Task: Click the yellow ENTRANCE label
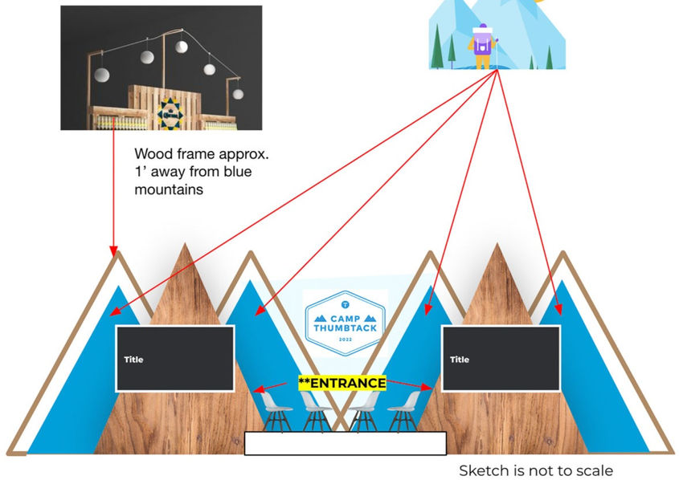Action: (x=342, y=383)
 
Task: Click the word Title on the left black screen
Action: (x=133, y=360)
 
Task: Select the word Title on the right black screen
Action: (x=459, y=360)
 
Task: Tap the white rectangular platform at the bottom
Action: (x=345, y=443)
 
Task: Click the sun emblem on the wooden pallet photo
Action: (x=171, y=113)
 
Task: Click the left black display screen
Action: (x=175, y=359)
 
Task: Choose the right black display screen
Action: (x=501, y=359)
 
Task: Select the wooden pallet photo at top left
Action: (x=161, y=67)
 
